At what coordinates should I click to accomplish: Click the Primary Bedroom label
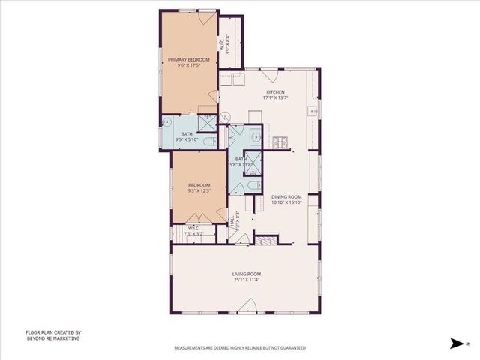pyautogui.click(x=187, y=58)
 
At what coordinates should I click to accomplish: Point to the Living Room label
pyautogui.click(x=245, y=274)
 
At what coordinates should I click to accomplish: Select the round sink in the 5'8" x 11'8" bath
pyautogui.click(x=256, y=137)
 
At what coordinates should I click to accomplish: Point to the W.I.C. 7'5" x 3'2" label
pyautogui.click(x=193, y=231)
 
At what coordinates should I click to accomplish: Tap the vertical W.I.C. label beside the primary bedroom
pyautogui.click(x=229, y=46)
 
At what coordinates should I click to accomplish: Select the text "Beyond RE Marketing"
pyautogui.click(x=52, y=339)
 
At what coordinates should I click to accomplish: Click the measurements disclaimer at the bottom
pyautogui.click(x=240, y=349)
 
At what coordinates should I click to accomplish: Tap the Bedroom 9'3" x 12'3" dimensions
pyautogui.click(x=199, y=190)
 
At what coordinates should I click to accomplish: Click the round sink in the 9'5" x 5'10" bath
pyautogui.click(x=168, y=124)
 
